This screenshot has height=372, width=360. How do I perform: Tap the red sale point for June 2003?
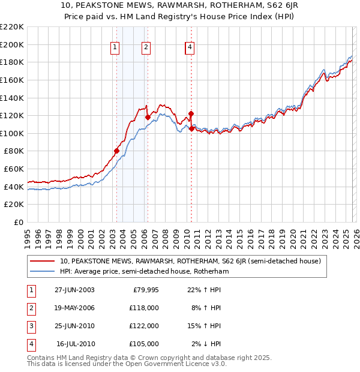116,151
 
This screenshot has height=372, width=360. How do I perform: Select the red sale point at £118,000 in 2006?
148,117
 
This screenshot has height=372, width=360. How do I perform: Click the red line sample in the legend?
43,261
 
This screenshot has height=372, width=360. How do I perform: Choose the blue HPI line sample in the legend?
43,271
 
